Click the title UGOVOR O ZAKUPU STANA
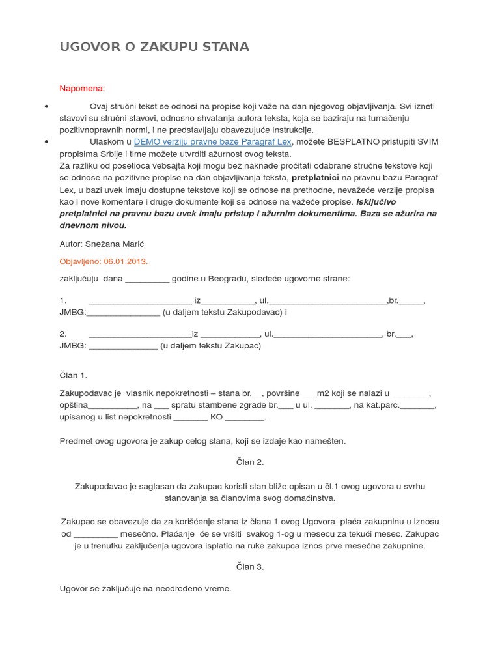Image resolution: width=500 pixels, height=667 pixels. coord(154,47)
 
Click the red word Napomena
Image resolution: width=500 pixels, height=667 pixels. coord(82,88)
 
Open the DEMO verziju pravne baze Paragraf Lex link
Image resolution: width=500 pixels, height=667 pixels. coord(213,141)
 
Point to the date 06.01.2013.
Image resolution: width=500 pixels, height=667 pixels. coord(125,261)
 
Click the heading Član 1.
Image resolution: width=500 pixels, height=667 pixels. coord(73,375)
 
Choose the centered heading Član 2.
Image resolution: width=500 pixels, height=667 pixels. coord(250,462)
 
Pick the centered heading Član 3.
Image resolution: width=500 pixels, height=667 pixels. coord(250,567)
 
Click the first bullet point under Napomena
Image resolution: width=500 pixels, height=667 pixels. coord(46,106)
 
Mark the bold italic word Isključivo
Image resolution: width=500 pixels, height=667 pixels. coord(381,201)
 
